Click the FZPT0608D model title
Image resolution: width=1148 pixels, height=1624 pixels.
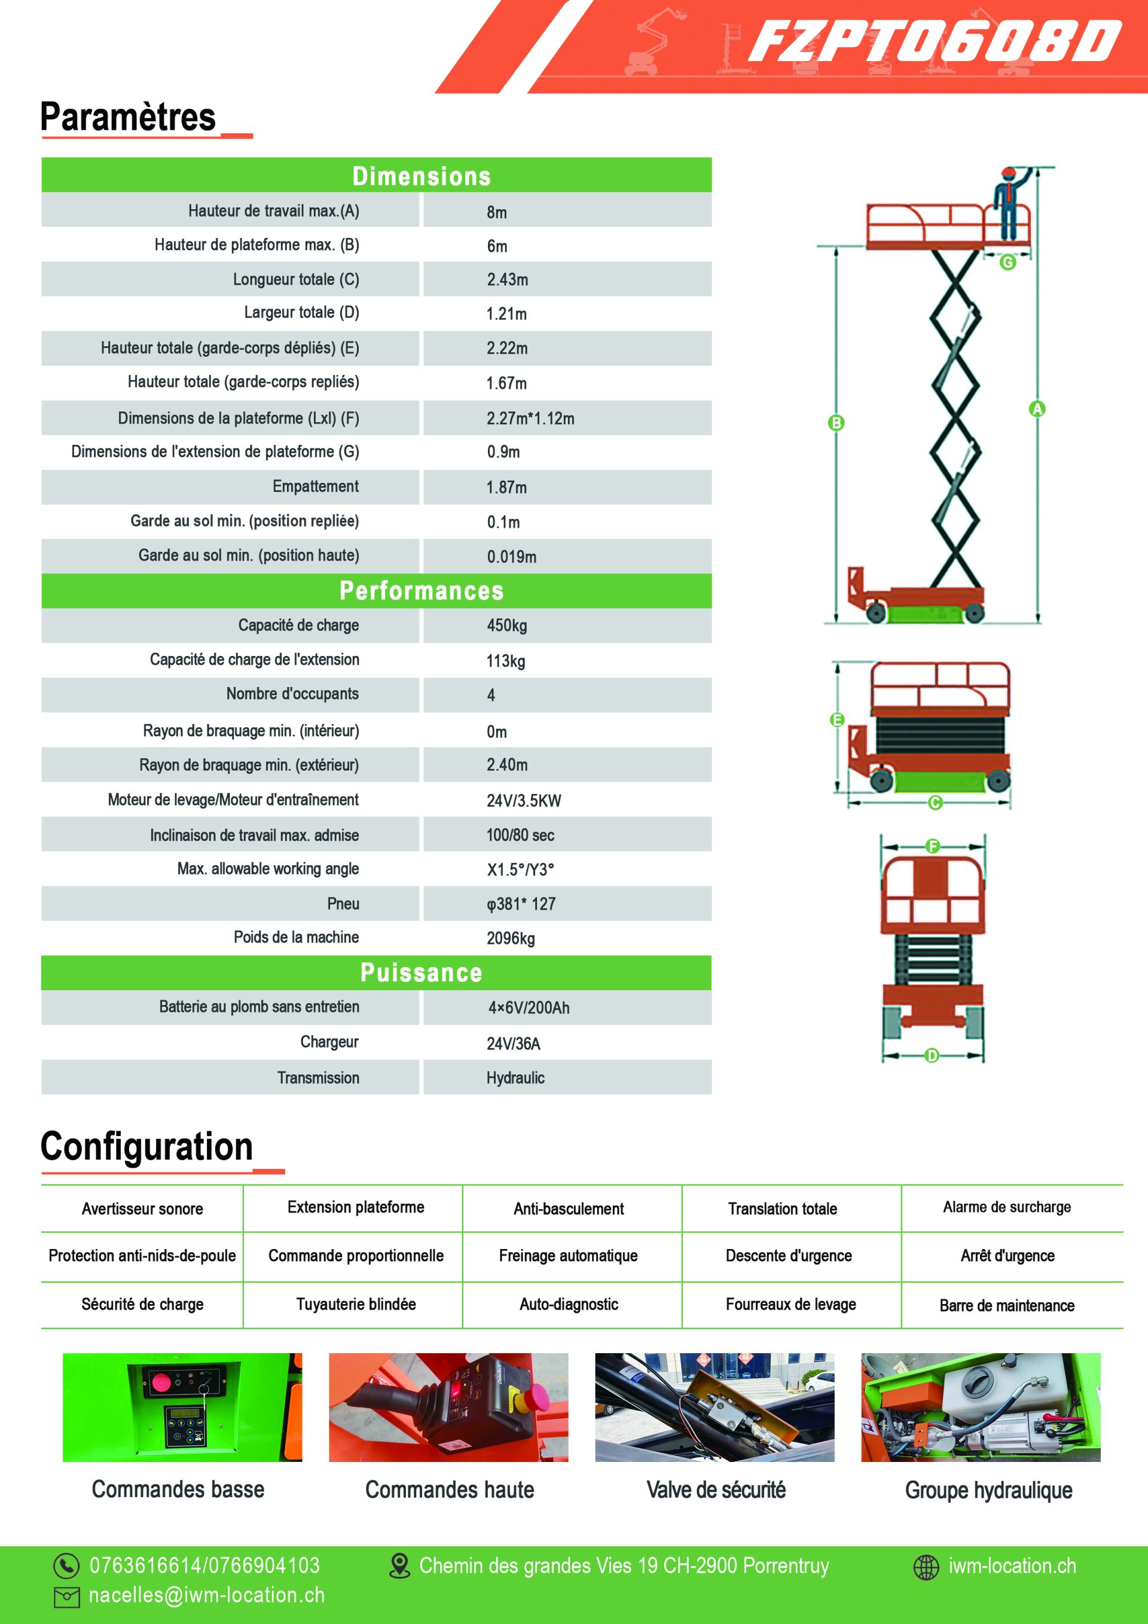tap(934, 41)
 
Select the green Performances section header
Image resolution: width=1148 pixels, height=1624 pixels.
tap(376, 591)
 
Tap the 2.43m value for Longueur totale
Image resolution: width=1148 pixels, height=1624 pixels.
tap(507, 279)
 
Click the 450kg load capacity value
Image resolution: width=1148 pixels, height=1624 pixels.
tap(506, 625)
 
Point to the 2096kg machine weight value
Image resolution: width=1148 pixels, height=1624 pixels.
tap(510, 939)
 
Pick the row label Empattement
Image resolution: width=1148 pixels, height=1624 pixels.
tap(316, 487)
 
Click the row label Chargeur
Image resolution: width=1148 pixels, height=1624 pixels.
tap(329, 1042)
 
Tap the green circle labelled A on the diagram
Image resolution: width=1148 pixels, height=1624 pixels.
tap(1037, 409)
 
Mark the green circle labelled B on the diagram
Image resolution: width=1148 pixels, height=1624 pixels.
tap(836, 423)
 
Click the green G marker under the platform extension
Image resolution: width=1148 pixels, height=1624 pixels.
tap(1007, 262)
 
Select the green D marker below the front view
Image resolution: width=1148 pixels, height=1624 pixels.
tap(932, 1055)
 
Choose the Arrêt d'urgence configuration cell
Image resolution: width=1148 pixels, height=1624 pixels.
tap(1007, 1256)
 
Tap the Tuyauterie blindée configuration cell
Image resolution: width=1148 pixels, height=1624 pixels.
tap(356, 1304)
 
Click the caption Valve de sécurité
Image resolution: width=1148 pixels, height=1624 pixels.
tap(716, 1490)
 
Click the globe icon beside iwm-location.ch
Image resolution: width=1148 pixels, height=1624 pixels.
tap(926, 1567)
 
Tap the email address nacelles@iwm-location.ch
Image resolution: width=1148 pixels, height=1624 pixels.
tap(206, 1596)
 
